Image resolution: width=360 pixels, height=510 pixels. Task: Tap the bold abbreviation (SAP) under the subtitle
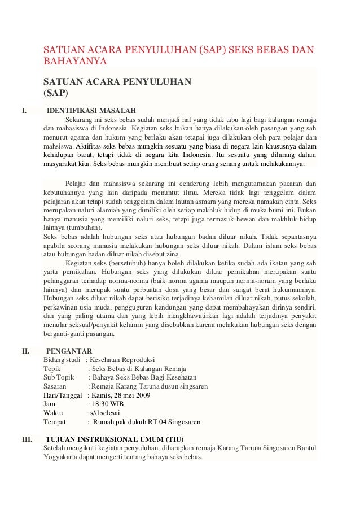pyautogui.click(x=56, y=93)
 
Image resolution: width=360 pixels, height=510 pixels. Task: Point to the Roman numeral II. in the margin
pyautogui.click(x=25, y=350)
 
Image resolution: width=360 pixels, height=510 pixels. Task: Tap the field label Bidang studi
pyautogui.click(x=62, y=360)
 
